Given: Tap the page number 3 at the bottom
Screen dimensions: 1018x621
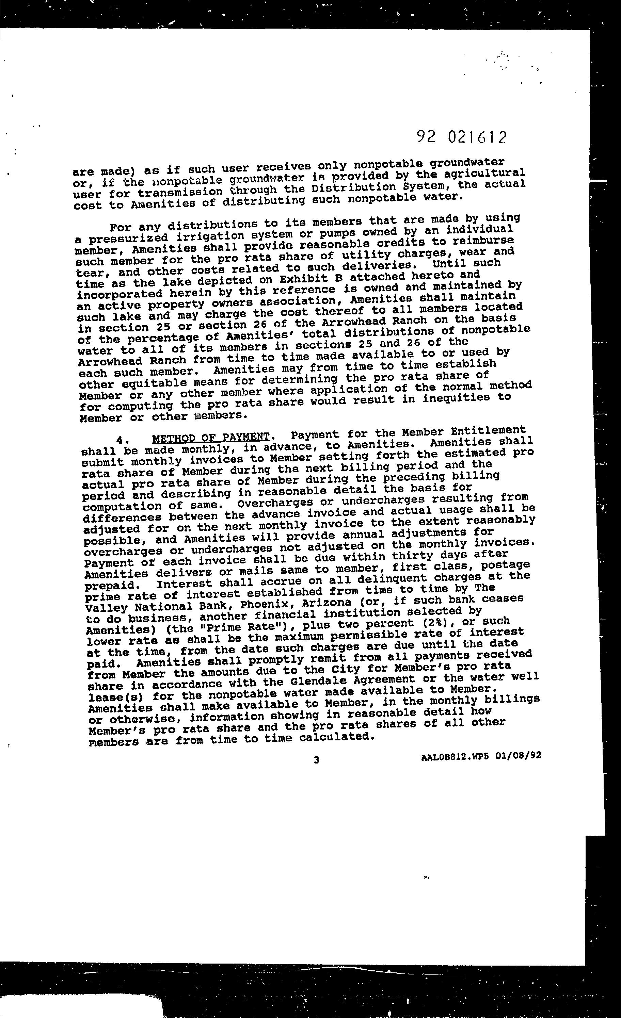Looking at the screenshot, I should (x=316, y=760).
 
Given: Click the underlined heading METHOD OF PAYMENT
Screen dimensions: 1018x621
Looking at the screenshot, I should (x=211, y=438).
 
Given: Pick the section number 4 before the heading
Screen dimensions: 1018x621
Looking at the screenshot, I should (x=120, y=440).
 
